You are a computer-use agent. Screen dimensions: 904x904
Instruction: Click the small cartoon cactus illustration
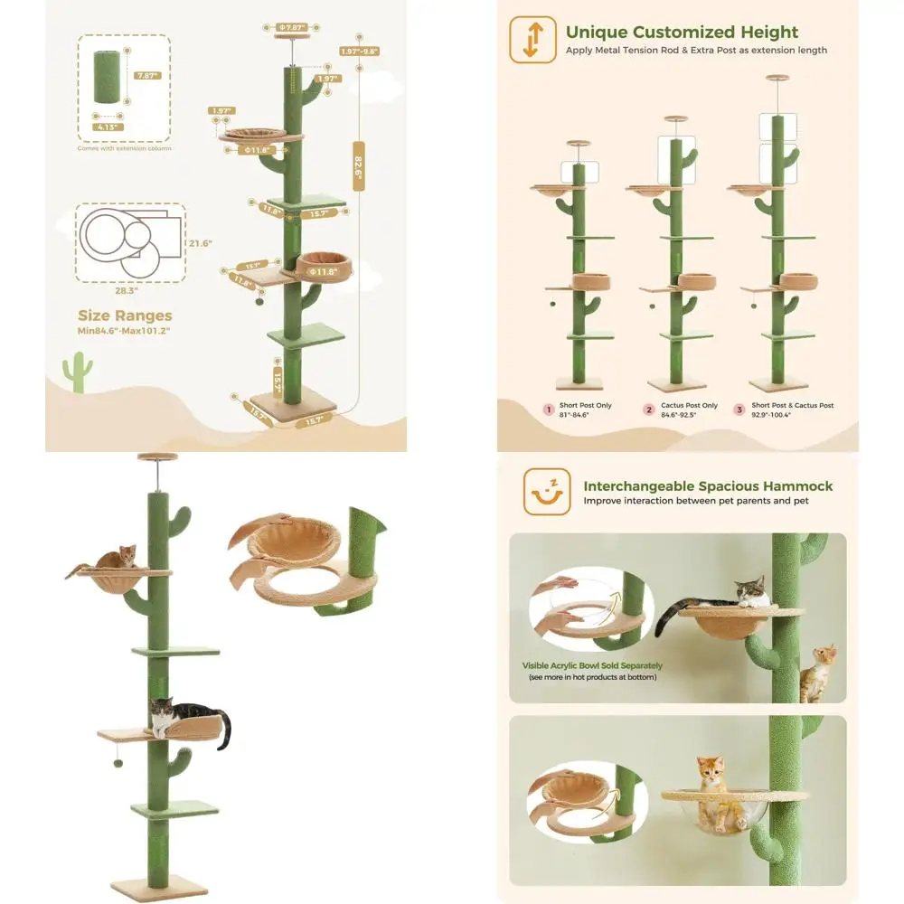77,372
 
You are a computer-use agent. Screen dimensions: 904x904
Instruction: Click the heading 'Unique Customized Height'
682,33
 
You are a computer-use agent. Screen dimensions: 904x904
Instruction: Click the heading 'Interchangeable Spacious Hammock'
708,486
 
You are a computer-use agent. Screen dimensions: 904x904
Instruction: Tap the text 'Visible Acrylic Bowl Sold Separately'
592,665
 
